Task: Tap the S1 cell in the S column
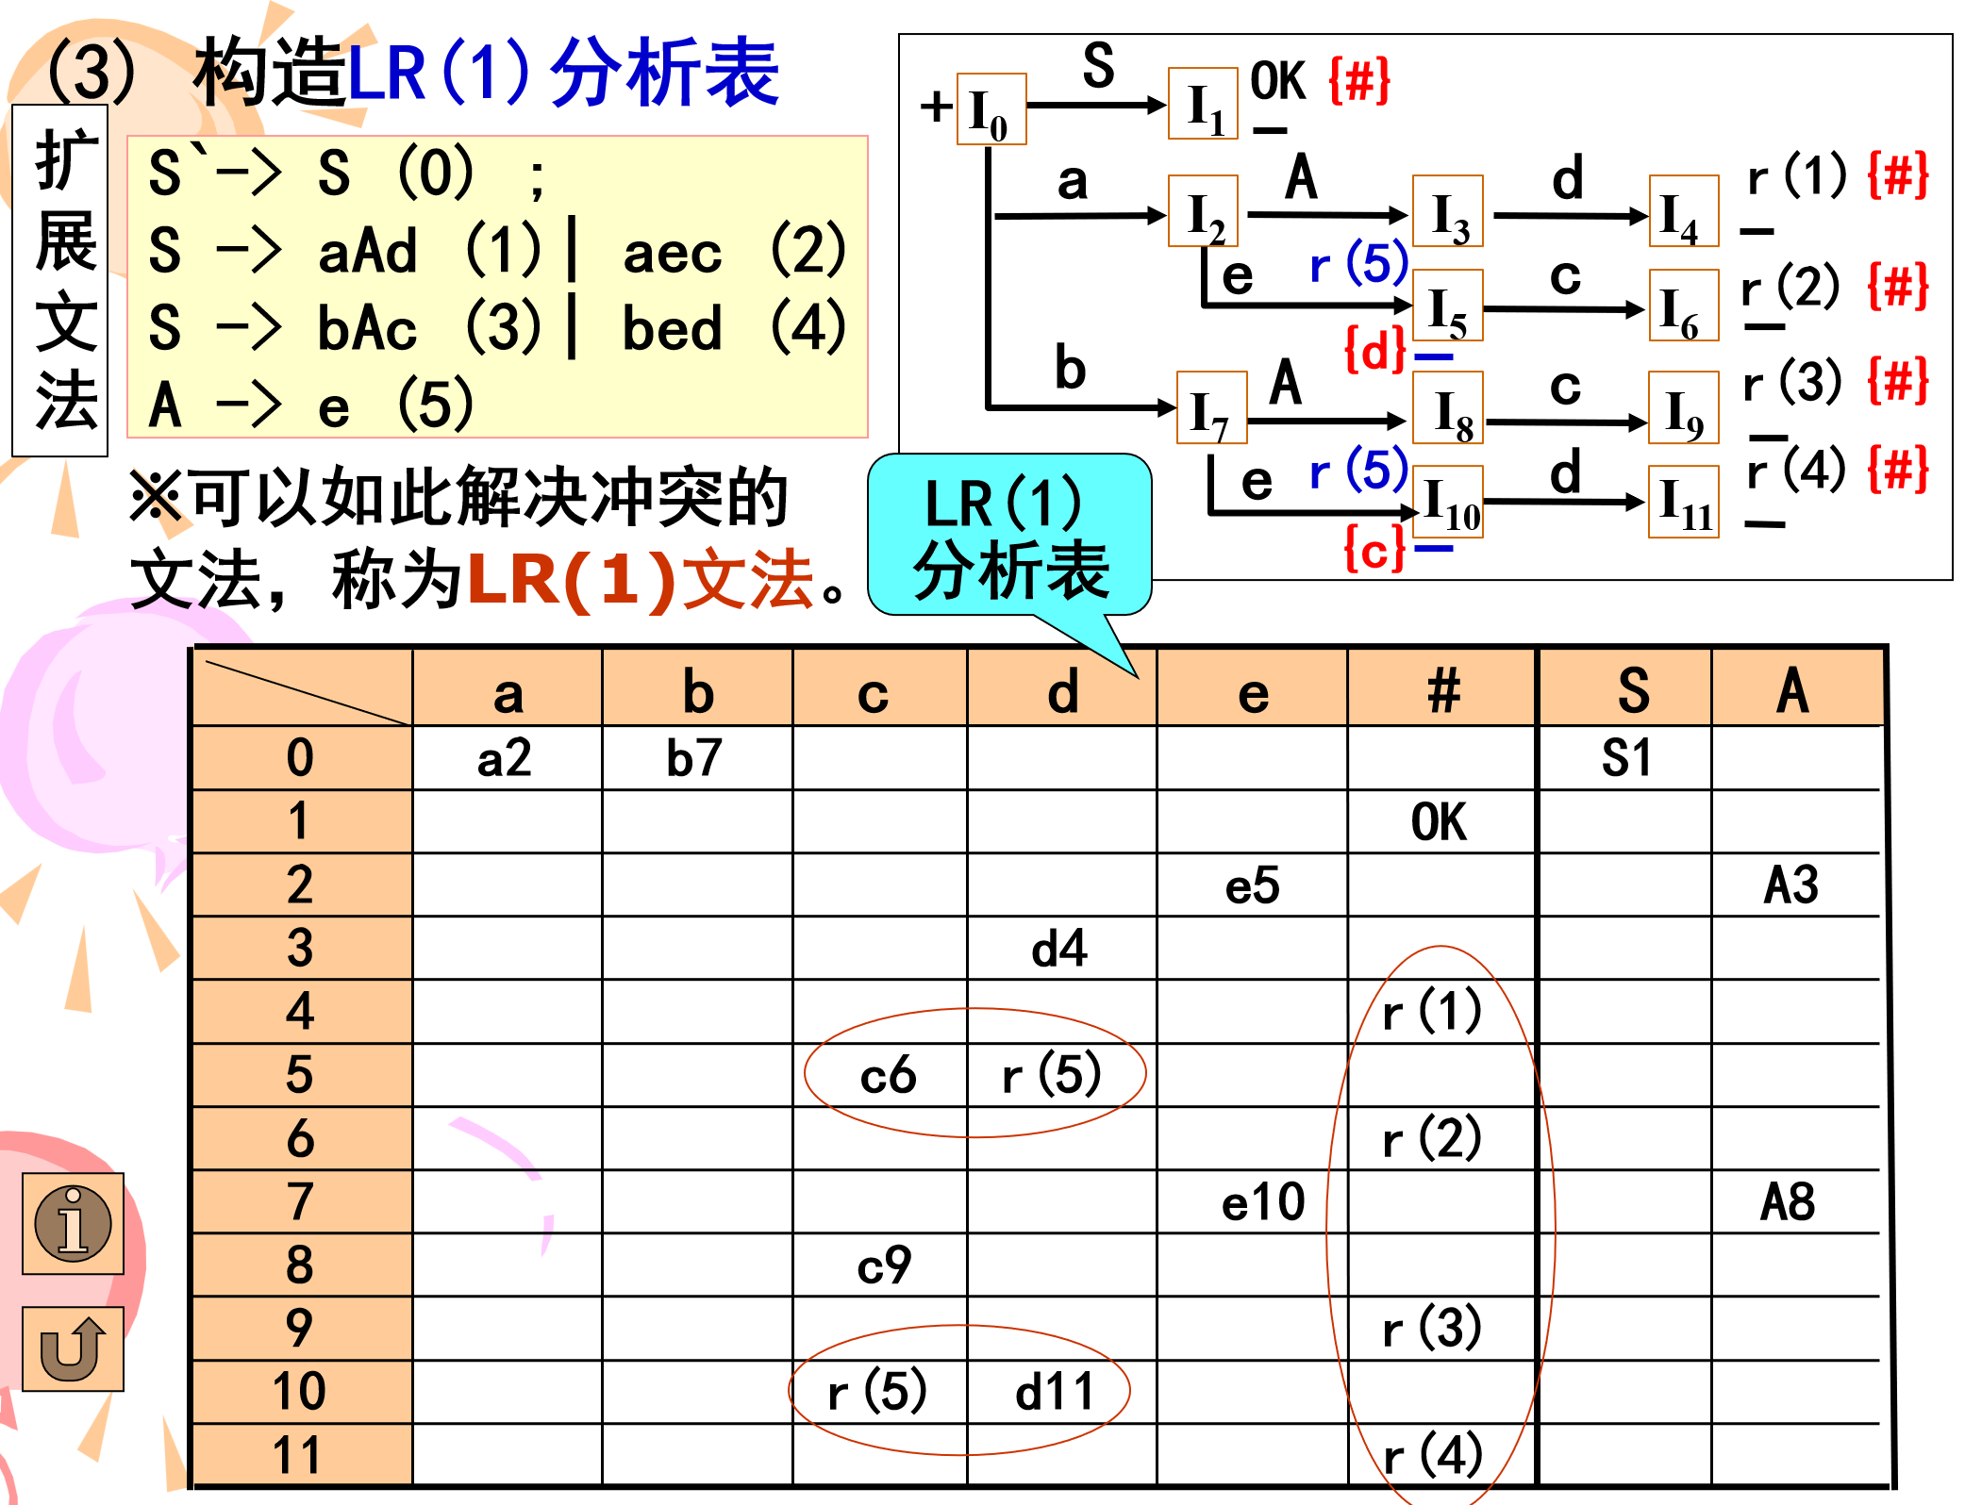1626,758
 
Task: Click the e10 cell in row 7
1262,1202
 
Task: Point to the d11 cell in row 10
1055,1392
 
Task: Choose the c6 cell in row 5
887,1075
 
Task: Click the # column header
1442,691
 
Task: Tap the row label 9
300,1329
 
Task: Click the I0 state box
991,109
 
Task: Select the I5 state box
1447,306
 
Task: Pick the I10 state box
1448,502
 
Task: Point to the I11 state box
1684,502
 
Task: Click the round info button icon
74,1223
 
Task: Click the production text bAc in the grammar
367,329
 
